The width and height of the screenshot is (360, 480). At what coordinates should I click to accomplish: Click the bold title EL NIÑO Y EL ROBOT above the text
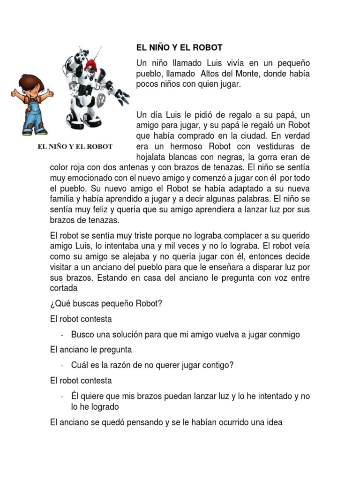(x=179, y=48)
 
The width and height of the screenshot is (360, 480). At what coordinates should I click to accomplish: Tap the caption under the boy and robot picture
(x=75, y=146)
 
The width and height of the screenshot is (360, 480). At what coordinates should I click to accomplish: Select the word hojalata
(x=151, y=157)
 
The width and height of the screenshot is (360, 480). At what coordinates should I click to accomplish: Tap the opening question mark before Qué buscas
(x=52, y=303)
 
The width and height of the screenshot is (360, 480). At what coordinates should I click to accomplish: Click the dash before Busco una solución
(x=62, y=335)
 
